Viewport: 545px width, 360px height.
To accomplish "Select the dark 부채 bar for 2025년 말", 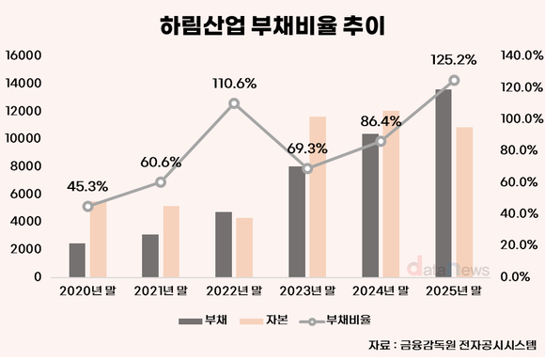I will (x=443, y=183).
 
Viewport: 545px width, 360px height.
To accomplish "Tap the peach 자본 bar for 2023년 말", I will (x=318, y=197).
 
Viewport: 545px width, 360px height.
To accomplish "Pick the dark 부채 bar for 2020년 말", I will (x=77, y=260).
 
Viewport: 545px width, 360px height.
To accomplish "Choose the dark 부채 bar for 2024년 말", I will (x=370, y=206).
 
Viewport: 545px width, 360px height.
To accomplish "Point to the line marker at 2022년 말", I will (x=234, y=103).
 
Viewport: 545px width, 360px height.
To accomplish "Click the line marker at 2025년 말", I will (x=454, y=80).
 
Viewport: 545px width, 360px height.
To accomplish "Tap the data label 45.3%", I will (x=87, y=186).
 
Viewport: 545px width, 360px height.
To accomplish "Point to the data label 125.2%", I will (x=453, y=59).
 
